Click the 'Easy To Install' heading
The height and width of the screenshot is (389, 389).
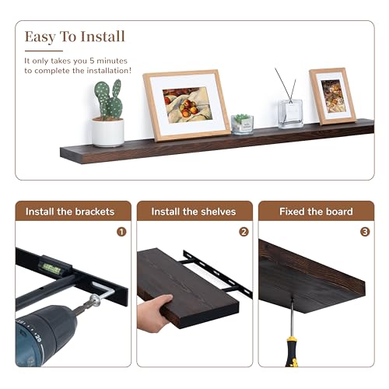[75, 37]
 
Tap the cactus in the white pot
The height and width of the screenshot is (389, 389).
[108, 100]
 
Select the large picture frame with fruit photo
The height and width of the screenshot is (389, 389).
[187, 105]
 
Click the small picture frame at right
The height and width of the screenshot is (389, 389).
[332, 95]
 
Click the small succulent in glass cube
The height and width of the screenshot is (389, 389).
[242, 124]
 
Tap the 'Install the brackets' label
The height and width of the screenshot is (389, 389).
[70, 212]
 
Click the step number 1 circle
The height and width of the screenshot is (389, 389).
[121, 231]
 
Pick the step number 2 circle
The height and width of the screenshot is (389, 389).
[244, 231]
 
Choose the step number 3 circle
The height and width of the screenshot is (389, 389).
[365, 231]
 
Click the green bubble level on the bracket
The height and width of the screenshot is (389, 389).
[57, 268]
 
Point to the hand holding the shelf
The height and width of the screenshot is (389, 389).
[154, 312]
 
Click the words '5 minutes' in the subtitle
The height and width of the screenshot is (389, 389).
[109, 60]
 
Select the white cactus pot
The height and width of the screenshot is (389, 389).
[108, 132]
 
